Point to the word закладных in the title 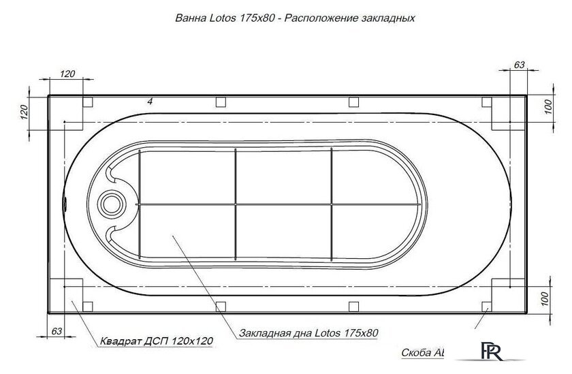(385, 19)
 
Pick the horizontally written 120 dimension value (68, 74)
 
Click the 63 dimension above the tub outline (519, 65)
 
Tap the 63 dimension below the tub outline (57, 332)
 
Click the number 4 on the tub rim (149, 102)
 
